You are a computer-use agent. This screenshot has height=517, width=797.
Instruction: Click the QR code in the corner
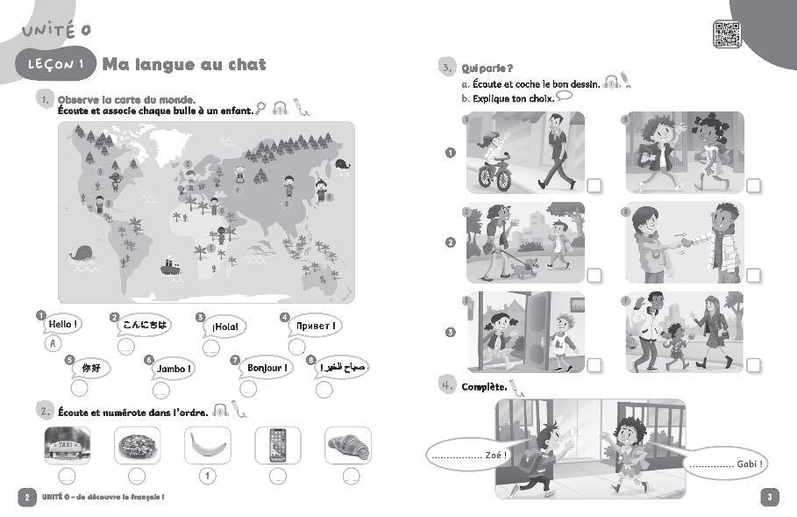729,34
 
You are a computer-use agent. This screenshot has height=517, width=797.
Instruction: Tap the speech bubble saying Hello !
63,325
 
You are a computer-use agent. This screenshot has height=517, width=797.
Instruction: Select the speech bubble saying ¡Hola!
224,327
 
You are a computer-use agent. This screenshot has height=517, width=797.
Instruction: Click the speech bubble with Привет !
315,326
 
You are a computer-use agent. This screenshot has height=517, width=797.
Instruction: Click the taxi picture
67,445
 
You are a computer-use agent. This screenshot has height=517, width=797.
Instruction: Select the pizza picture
137,446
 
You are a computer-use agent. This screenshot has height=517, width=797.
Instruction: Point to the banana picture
207,446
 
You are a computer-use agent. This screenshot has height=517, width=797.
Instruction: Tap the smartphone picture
277,446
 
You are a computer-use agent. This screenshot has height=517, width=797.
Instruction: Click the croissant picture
347,446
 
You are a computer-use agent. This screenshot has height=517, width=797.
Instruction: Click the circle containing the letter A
54,344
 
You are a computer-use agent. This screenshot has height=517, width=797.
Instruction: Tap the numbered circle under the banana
207,477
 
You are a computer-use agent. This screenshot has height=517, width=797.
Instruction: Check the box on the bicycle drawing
594,185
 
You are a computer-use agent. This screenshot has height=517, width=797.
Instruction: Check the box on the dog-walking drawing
594,275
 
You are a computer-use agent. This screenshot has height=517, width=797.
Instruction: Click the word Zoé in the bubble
496,455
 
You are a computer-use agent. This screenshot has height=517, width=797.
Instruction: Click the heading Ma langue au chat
184,64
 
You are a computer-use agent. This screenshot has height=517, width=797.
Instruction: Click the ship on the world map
170,263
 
